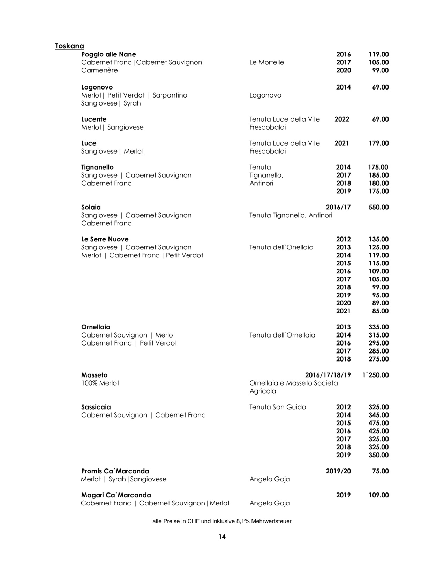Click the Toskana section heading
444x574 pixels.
pyautogui.click(x=69, y=46)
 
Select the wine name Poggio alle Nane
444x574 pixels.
pyautogui.click(x=108, y=54)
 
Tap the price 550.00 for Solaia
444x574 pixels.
pyautogui.click(x=378, y=207)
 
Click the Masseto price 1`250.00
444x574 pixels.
pyautogui.click(x=375, y=375)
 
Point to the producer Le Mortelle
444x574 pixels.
pyautogui.click(x=266, y=62)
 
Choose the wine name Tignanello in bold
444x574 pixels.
pyautogui.click(x=97, y=167)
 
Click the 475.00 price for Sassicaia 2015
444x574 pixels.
pyautogui.click(x=378, y=423)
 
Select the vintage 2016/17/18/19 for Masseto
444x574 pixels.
pyautogui.click(x=328, y=375)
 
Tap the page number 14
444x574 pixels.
pyautogui.click(x=222, y=537)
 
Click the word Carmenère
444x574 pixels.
pyautogui.click(x=99, y=70)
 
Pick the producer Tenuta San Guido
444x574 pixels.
pyautogui.click(x=278, y=407)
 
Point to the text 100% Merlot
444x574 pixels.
pyautogui.click(x=100, y=383)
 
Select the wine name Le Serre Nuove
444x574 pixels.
pyautogui.click(x=105, y=239)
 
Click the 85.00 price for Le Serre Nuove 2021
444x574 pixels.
pyautogui.click(x=380, y=311)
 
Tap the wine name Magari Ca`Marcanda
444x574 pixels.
pyautogui.click(x=116, y=495)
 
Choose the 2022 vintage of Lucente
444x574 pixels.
pyautogui.click(x=342, y=119)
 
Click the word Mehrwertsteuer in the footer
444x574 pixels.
pyautogui.click(x=271, y=521)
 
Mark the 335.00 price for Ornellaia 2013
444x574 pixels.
pyautogui.click(x=378, y=327)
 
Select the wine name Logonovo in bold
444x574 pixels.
pyautogui.click(x=97, y=87)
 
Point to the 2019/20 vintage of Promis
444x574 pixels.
pyautogui.click(x=338, y=471)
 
